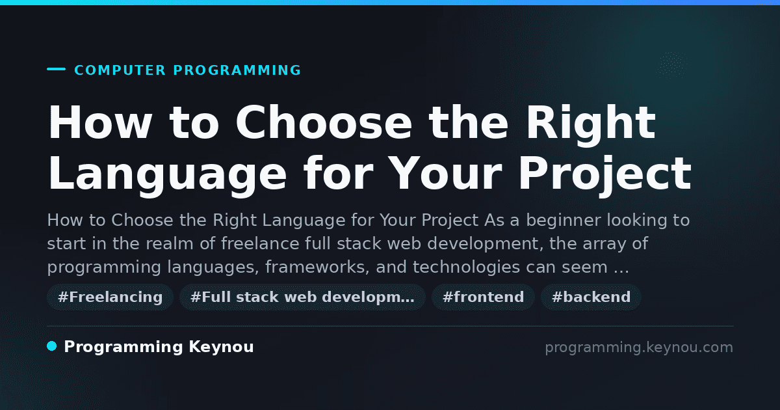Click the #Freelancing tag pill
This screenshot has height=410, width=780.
pyautogui.click(x=110, y=297)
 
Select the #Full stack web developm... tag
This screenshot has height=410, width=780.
pyautogui.click(x=302, y=297)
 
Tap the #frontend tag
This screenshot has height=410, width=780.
pyautogui.click(x=483, y=297)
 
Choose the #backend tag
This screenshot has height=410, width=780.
pyautogui.click(x=591, y=297)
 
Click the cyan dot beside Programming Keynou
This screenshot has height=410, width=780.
pyautogui.click(x=52, y=346)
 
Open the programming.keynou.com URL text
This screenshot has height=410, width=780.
pyautogui.click(x=639, y=348)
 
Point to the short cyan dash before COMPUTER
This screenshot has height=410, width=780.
pyautogui.click(x=56, y=69)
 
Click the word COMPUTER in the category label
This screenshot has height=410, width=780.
pyautogui.click(x=120, y=70)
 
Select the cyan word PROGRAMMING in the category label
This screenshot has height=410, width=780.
pyautogui.click(x=237, y=70)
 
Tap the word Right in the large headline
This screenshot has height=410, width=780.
pyautogui.click(x=591, y=124)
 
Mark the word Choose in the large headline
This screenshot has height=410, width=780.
pyautogui.click(x=324, y=123)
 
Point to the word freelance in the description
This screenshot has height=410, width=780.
pyautogui.click(x=260, y=243)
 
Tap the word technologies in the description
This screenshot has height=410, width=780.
pyautogui.click(x=466, y=267)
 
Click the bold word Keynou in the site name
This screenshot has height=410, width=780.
pyautogui.click(x=221, y=347)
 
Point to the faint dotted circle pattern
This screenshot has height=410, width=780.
pyautogui.click(x=671, y=64)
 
